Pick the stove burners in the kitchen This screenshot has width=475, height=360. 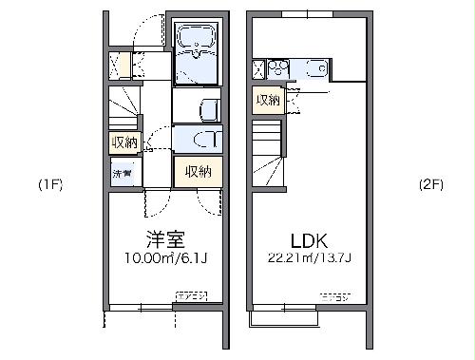click(x=276, y=68)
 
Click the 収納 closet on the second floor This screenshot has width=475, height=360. click(x=267, y=100)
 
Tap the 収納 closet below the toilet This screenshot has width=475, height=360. click(x=198, y=172)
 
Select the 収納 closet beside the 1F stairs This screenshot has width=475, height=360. click(x=123, y=142)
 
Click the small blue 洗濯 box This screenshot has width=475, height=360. click(x=123, y=174)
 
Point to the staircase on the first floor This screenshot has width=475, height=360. click(x=123, y=104)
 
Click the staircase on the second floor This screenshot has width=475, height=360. click(x=268, y=157)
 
